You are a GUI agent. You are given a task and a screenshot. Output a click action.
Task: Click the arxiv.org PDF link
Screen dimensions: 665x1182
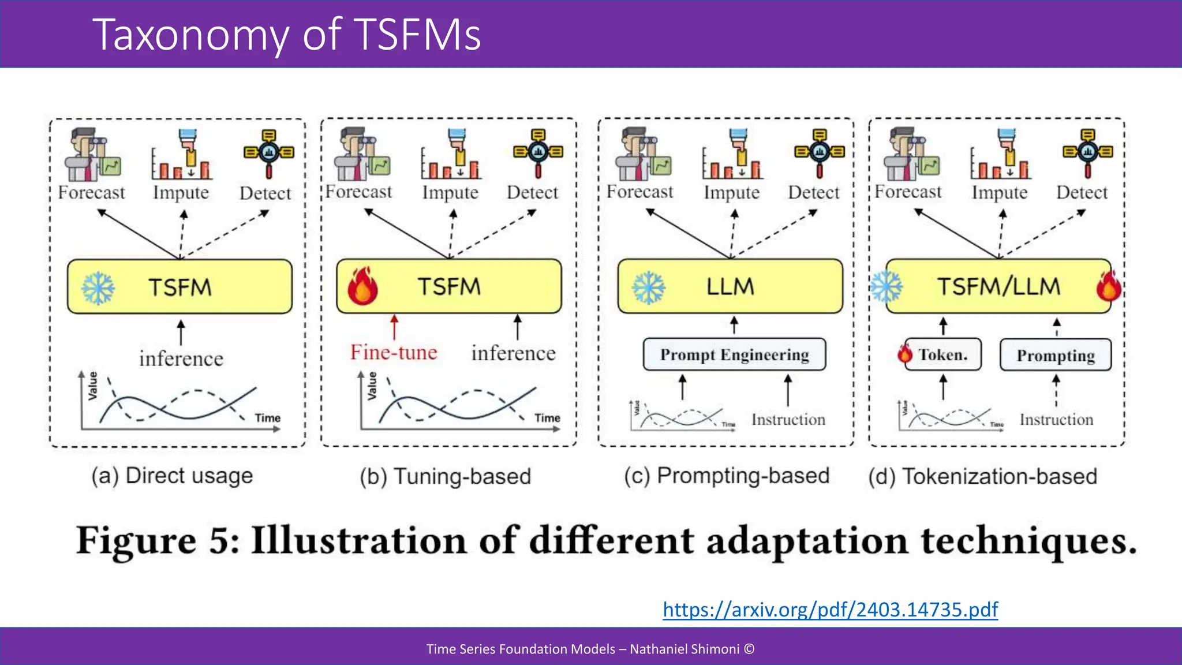830,610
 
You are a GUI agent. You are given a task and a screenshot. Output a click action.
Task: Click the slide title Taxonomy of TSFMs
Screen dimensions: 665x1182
286,35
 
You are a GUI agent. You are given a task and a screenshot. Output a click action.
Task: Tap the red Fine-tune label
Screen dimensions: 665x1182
394,352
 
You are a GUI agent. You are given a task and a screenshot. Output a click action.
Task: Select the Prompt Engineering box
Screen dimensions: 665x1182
734,354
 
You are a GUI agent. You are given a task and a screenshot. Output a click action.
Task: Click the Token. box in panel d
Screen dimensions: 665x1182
943,354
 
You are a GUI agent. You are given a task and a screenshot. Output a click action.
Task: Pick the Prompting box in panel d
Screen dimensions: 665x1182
1056,355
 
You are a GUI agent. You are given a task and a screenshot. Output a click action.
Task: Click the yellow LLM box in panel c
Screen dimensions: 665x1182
730,286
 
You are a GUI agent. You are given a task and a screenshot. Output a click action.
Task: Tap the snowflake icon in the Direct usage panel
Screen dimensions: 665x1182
98,287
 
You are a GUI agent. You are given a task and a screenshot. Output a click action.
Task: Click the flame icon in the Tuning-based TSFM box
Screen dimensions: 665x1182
362,286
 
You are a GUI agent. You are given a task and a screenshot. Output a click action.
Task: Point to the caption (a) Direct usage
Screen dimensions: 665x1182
172,476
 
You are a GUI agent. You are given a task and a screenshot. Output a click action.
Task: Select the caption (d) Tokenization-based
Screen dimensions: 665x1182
982,476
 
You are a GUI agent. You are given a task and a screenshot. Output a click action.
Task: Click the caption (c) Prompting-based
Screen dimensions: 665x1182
727,476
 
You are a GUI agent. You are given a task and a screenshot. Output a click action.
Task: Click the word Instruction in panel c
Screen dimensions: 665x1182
788,420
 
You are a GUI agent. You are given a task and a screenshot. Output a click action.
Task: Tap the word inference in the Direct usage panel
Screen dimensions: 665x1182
181,358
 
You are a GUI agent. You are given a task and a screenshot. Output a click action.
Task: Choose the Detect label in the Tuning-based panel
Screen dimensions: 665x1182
532,192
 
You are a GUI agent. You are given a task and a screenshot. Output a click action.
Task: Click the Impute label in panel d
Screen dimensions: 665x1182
999,192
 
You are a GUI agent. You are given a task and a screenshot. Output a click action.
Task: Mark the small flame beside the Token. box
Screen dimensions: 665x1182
904,353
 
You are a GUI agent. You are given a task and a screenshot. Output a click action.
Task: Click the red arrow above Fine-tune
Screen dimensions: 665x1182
394,327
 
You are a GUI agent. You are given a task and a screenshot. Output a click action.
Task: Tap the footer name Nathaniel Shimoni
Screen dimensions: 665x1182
684,649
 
